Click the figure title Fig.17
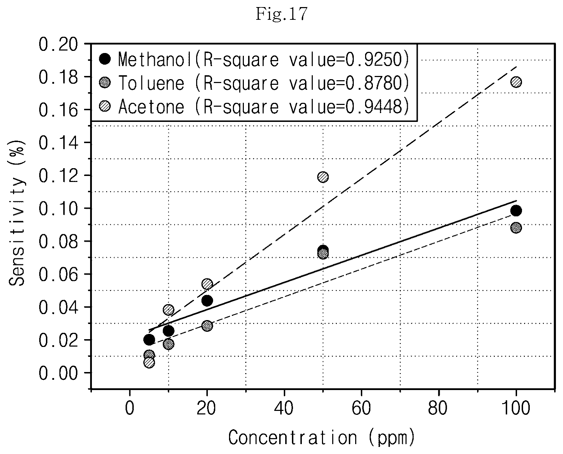click(281, 14)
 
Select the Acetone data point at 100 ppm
click(516, 82)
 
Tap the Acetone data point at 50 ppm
click(323, 177)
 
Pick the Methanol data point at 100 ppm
click(516, 211)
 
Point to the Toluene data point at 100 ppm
click(516, 228)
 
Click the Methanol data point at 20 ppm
click(207, 301)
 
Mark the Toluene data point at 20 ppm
click(207, 326)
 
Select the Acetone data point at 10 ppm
click(168, 310)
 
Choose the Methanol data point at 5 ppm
click(149, 340)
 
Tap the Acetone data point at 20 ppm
click(207, 284)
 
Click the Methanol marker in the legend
click(105, 59)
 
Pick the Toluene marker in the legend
click(105, 82)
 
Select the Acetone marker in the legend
click(105, 106)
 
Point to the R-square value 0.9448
click(374, 107)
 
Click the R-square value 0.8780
click(374, 83)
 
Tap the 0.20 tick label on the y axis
click(58, 44)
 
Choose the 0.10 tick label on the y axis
click(58, 209)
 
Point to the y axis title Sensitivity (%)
click(17, 213)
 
